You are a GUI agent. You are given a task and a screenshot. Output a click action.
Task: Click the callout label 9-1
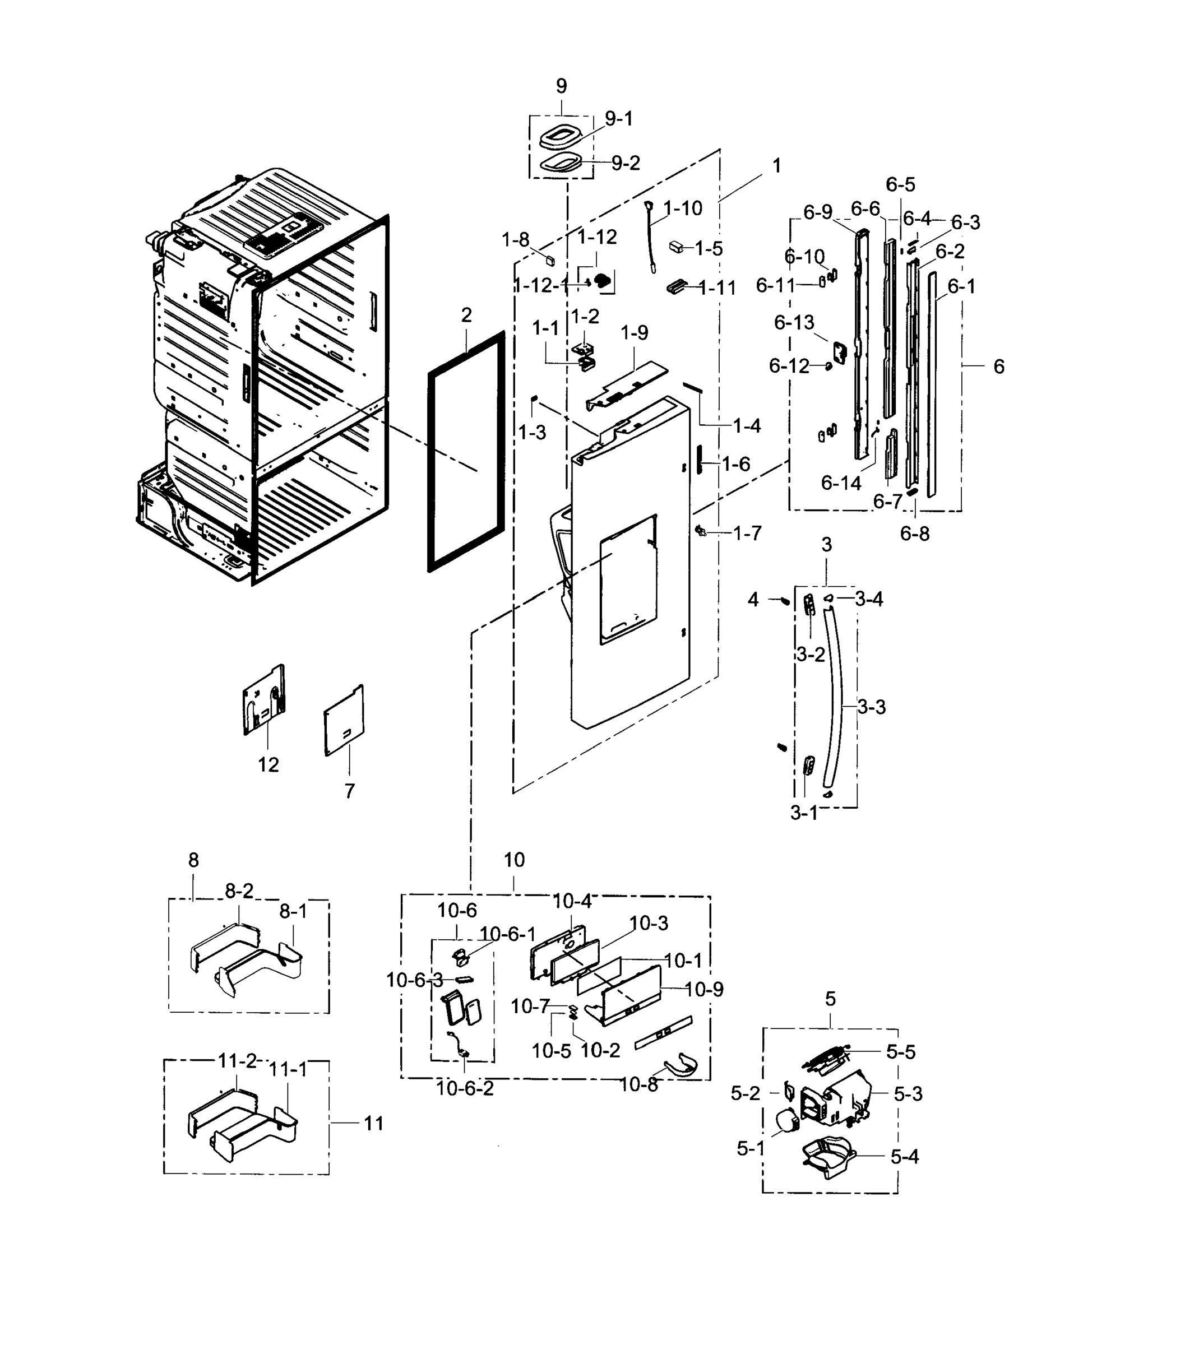(x=618, y=119)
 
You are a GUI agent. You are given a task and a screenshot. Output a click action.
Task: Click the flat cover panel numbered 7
(x=344, y=721)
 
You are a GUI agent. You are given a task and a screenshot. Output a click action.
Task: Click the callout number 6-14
(x=841, y=483)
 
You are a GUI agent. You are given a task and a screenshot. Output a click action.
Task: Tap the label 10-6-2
(x=465, y=1088)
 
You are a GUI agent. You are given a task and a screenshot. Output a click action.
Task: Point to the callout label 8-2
(x=239, y=891)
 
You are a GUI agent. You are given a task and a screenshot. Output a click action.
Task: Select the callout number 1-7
(x=747, y=533)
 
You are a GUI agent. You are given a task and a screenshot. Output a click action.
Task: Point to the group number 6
(x=999, y=367)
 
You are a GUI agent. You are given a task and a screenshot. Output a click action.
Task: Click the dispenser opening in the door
(x=628, y=579)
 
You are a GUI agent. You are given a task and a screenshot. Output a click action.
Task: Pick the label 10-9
(x=703, y=989)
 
